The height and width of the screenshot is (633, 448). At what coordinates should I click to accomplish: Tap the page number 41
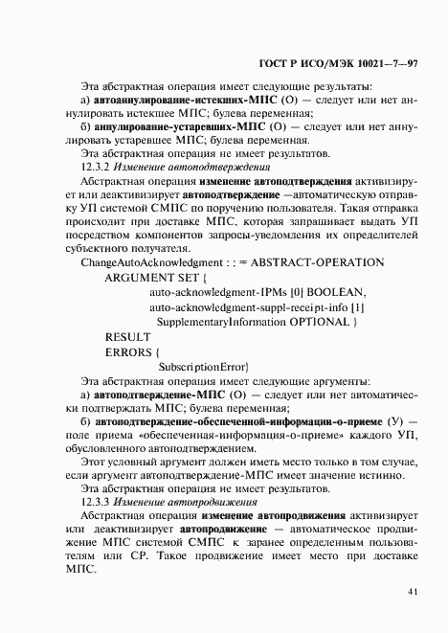[x=412, y=593]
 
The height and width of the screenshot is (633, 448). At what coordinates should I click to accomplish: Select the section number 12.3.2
[x=97, y=165]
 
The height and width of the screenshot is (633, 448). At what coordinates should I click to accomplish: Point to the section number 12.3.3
[x=97, y=501]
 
